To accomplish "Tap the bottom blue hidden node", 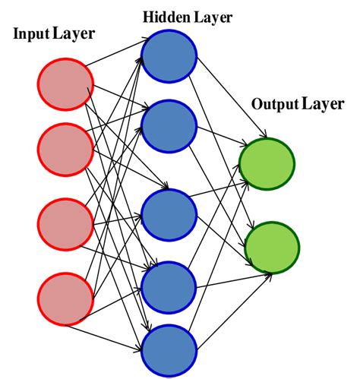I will coord(169,349).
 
